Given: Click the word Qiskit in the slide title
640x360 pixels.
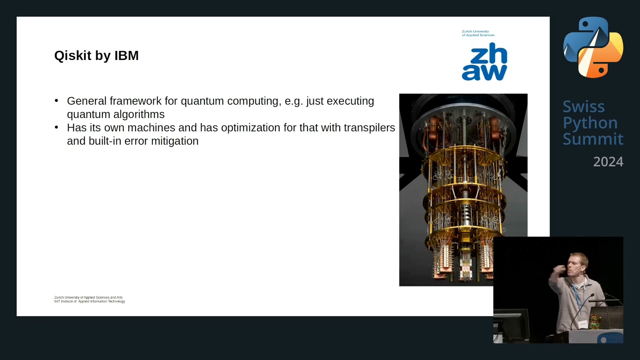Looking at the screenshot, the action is coord(73,56).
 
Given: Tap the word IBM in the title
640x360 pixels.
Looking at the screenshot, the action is coord(126,56).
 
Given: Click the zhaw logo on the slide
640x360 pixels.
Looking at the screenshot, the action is coord(484,62).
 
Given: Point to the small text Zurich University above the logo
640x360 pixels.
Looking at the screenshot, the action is coord(475,31).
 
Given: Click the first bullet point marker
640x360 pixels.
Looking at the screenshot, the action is coord(56,100).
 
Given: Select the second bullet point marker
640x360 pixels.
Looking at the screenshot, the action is coord(56,127).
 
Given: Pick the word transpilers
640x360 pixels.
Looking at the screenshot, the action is coord(369,128).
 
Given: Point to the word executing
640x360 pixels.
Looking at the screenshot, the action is coord(350,101).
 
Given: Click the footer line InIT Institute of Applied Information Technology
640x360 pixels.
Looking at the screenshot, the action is coord(90,301).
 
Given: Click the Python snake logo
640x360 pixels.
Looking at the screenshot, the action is coord(593,47).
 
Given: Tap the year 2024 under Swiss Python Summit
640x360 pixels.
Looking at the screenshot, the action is coord(608,162).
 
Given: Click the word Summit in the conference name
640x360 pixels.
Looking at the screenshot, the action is coord(593,139).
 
